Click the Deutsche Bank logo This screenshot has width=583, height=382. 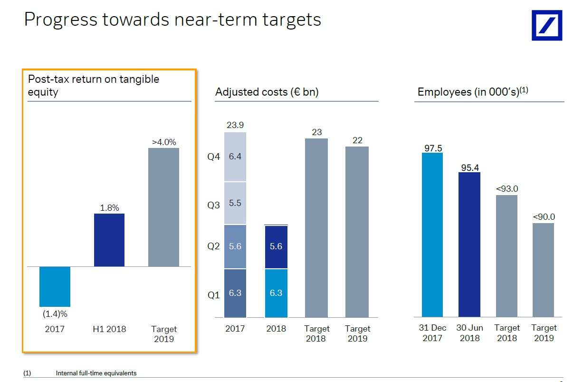(546, 25)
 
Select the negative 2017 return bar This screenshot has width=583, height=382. (55, 286)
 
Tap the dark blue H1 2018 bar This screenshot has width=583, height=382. (109, 240)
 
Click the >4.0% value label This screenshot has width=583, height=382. (164, 142)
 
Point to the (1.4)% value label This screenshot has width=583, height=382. (55, 313)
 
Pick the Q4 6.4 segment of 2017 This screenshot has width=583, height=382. (235, 157)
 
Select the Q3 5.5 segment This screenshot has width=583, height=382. (235, 203)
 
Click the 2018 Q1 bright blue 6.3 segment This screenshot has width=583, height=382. (276, 293)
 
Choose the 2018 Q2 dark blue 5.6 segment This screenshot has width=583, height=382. (276, 247)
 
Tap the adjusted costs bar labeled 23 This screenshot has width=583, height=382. (316, 228)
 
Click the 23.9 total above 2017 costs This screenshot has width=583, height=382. (235, 125)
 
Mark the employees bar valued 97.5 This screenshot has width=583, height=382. (432, 235)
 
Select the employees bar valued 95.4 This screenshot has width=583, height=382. (469, 245)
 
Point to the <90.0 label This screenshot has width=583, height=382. (544, 217)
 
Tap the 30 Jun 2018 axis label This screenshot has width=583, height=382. (469, 333)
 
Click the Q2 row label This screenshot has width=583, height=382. (214, 246)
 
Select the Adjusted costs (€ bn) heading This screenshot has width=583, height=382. (267, 92)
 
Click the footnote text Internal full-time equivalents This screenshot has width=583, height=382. (96, 373)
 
